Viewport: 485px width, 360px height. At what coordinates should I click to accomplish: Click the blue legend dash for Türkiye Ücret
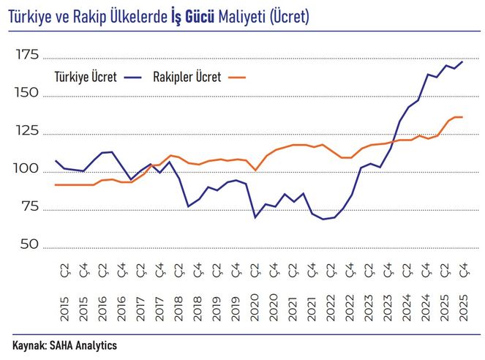pyautogui.click(x=132, y=77)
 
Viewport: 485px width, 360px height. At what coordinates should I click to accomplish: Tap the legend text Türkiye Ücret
pyautogui.click(x=86, y=77)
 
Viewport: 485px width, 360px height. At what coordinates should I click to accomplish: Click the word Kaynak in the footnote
pyautogui.click(x=29, y=345)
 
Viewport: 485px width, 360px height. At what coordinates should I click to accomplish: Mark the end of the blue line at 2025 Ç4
pyautogui.click(x=462, y=61)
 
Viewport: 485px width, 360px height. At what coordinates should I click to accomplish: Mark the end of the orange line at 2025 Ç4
pyautogui.click(x=462, y=117)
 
